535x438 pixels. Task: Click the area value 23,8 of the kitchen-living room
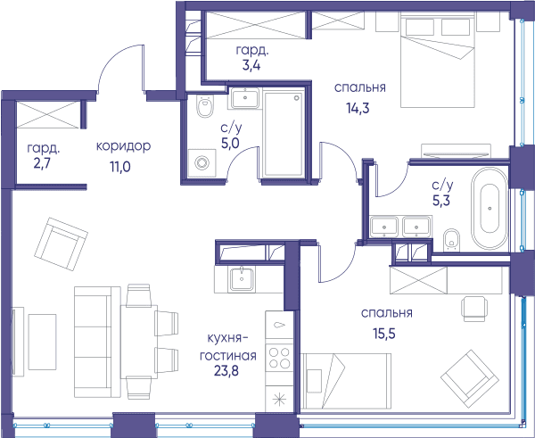[226, 371]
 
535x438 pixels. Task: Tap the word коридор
[123, 146]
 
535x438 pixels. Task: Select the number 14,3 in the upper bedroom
[358, 108]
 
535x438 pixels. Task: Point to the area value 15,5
[384, 334]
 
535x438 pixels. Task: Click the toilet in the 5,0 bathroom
[205, 106]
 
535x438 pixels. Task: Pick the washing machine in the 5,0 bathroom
[202, 163]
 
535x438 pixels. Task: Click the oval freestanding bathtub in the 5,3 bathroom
[490, 209]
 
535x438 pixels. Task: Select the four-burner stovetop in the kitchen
[279, 358]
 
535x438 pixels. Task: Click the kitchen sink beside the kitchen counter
[242, 279]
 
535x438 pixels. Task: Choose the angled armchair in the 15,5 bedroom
[470, 378]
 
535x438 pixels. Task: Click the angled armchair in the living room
[61, 244]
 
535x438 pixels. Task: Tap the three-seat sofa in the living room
[97, 342]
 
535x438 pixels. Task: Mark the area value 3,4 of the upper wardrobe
[251, 65]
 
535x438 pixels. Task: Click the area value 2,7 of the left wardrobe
[42, 163]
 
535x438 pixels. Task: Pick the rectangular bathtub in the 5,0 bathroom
[284, 134]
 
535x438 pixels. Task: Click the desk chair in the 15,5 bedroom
[474, 309]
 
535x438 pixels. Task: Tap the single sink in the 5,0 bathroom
[245, 98]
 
